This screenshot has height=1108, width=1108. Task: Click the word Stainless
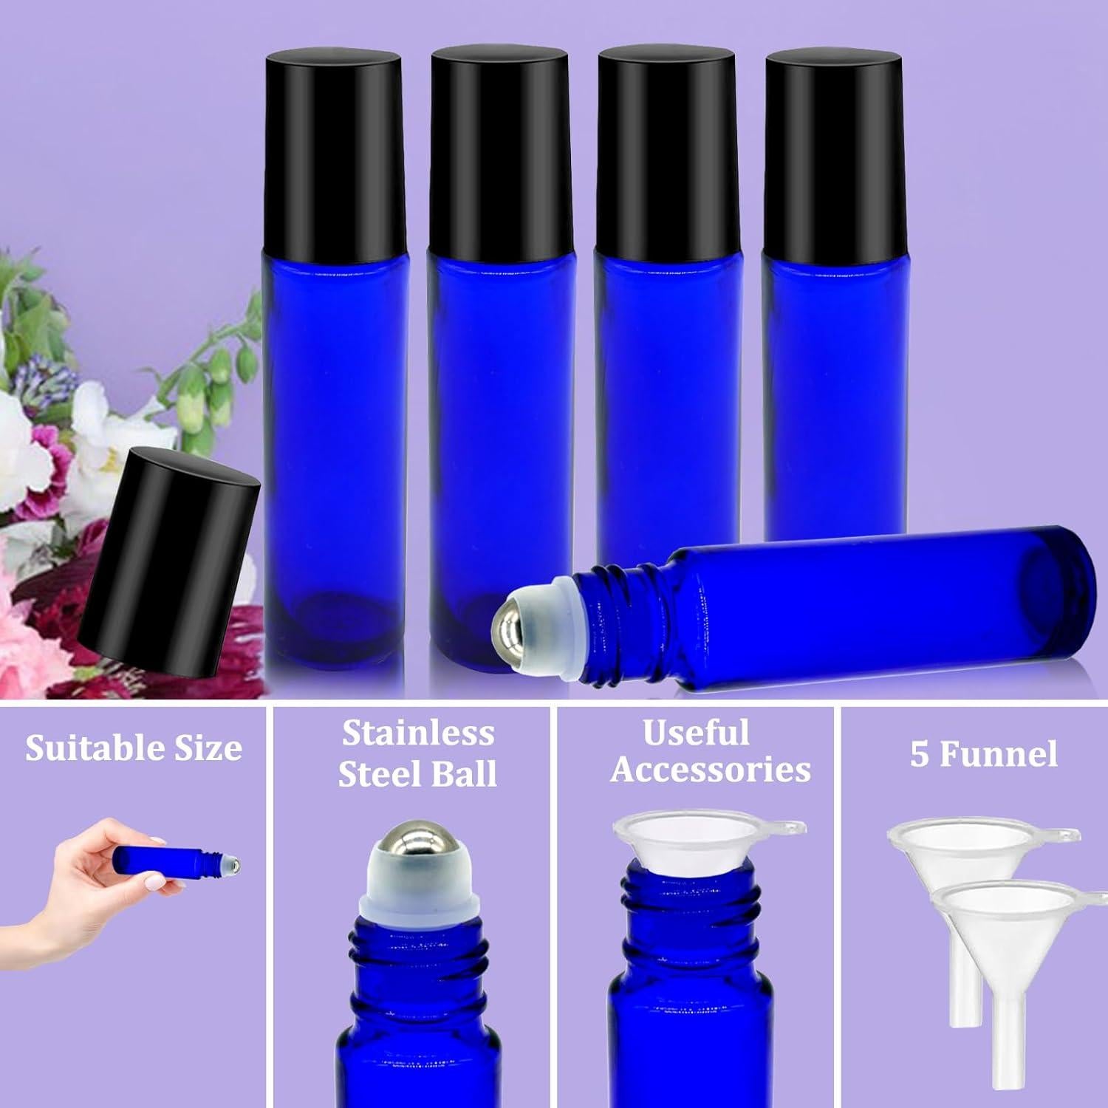417,733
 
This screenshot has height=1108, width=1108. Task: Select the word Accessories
710,770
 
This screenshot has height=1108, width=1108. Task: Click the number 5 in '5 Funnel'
919,755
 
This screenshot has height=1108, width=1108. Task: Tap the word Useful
696,733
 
